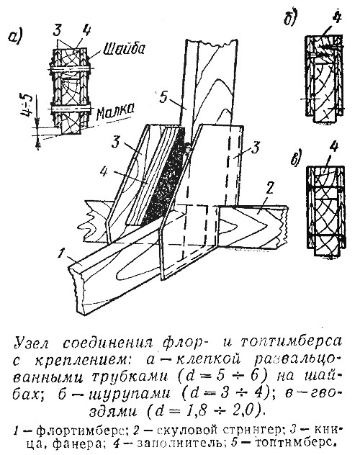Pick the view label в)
(x=297, y=158)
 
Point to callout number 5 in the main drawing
(x=163, y=98)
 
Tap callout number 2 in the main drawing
(x=269, y=190)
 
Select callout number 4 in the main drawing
(x=104, y=171)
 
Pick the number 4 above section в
(x=334, y=148)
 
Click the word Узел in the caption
(x=32, y=343)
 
